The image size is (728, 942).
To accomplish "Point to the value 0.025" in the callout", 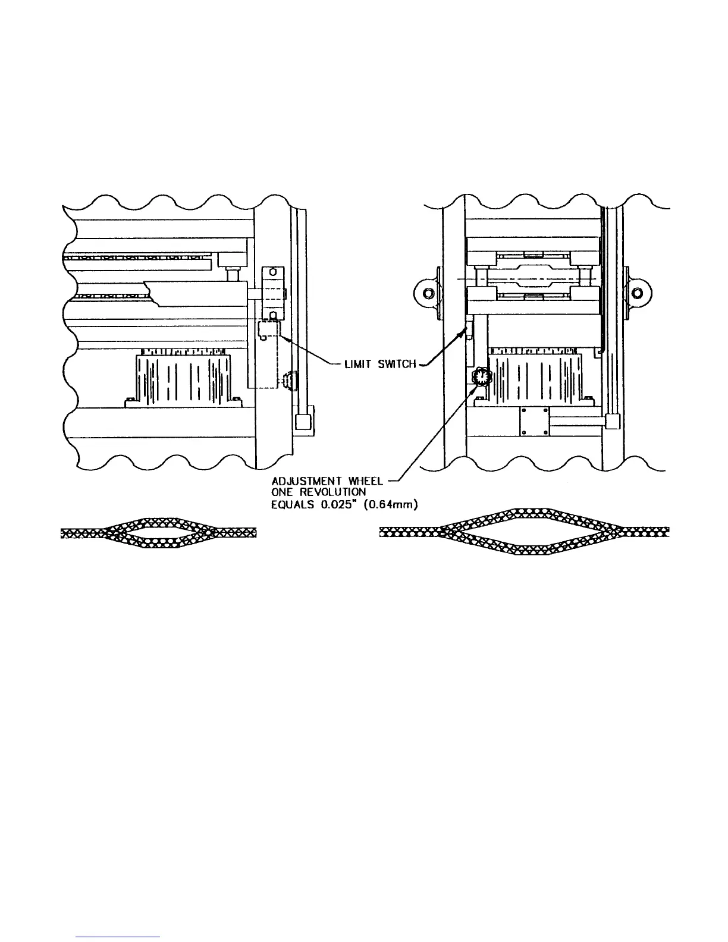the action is coord(331,504).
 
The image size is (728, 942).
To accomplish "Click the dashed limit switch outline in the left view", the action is coord(269,330).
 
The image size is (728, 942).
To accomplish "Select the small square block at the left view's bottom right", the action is coord(303,422).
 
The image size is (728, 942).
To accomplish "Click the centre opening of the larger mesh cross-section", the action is coord(523,532).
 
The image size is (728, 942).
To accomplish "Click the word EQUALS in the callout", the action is coord(290,504).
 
